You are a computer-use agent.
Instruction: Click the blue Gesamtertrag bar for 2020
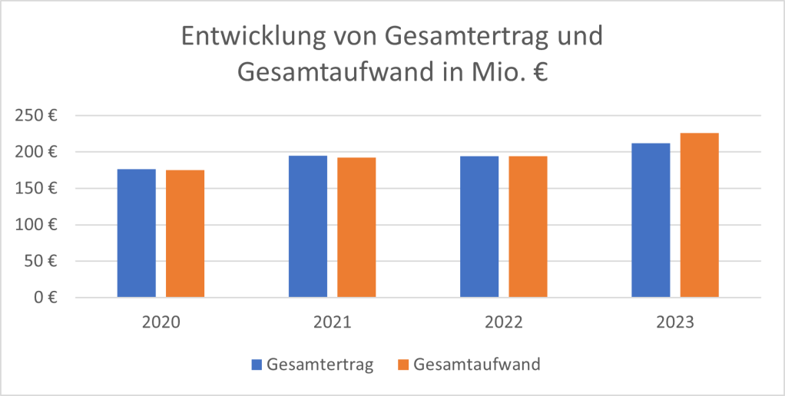click(136, 233)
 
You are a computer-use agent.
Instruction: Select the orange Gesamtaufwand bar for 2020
click(185, 234)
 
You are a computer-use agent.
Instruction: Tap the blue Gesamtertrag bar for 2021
click(308, 226)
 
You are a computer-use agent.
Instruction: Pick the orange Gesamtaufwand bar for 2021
click(356, 227)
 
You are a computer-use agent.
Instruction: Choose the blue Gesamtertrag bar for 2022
click(479, 226)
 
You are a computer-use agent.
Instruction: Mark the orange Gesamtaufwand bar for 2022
click(528, 226)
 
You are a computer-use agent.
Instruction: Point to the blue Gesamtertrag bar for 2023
click(651, 220)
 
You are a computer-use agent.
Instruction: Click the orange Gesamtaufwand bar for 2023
click(699, 215)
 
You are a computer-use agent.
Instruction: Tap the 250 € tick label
click(38, 116)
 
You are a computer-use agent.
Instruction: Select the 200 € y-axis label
click(38, 152)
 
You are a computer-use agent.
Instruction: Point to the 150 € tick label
click(38, 189)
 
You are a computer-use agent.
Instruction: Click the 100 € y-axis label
click(38, 225)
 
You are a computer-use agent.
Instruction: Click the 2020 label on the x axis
click(161, 322)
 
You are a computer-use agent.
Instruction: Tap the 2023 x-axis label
click(675, 322)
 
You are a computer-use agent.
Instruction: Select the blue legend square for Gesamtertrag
click(257, 365)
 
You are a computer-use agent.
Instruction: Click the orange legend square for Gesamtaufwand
click(402, 365)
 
